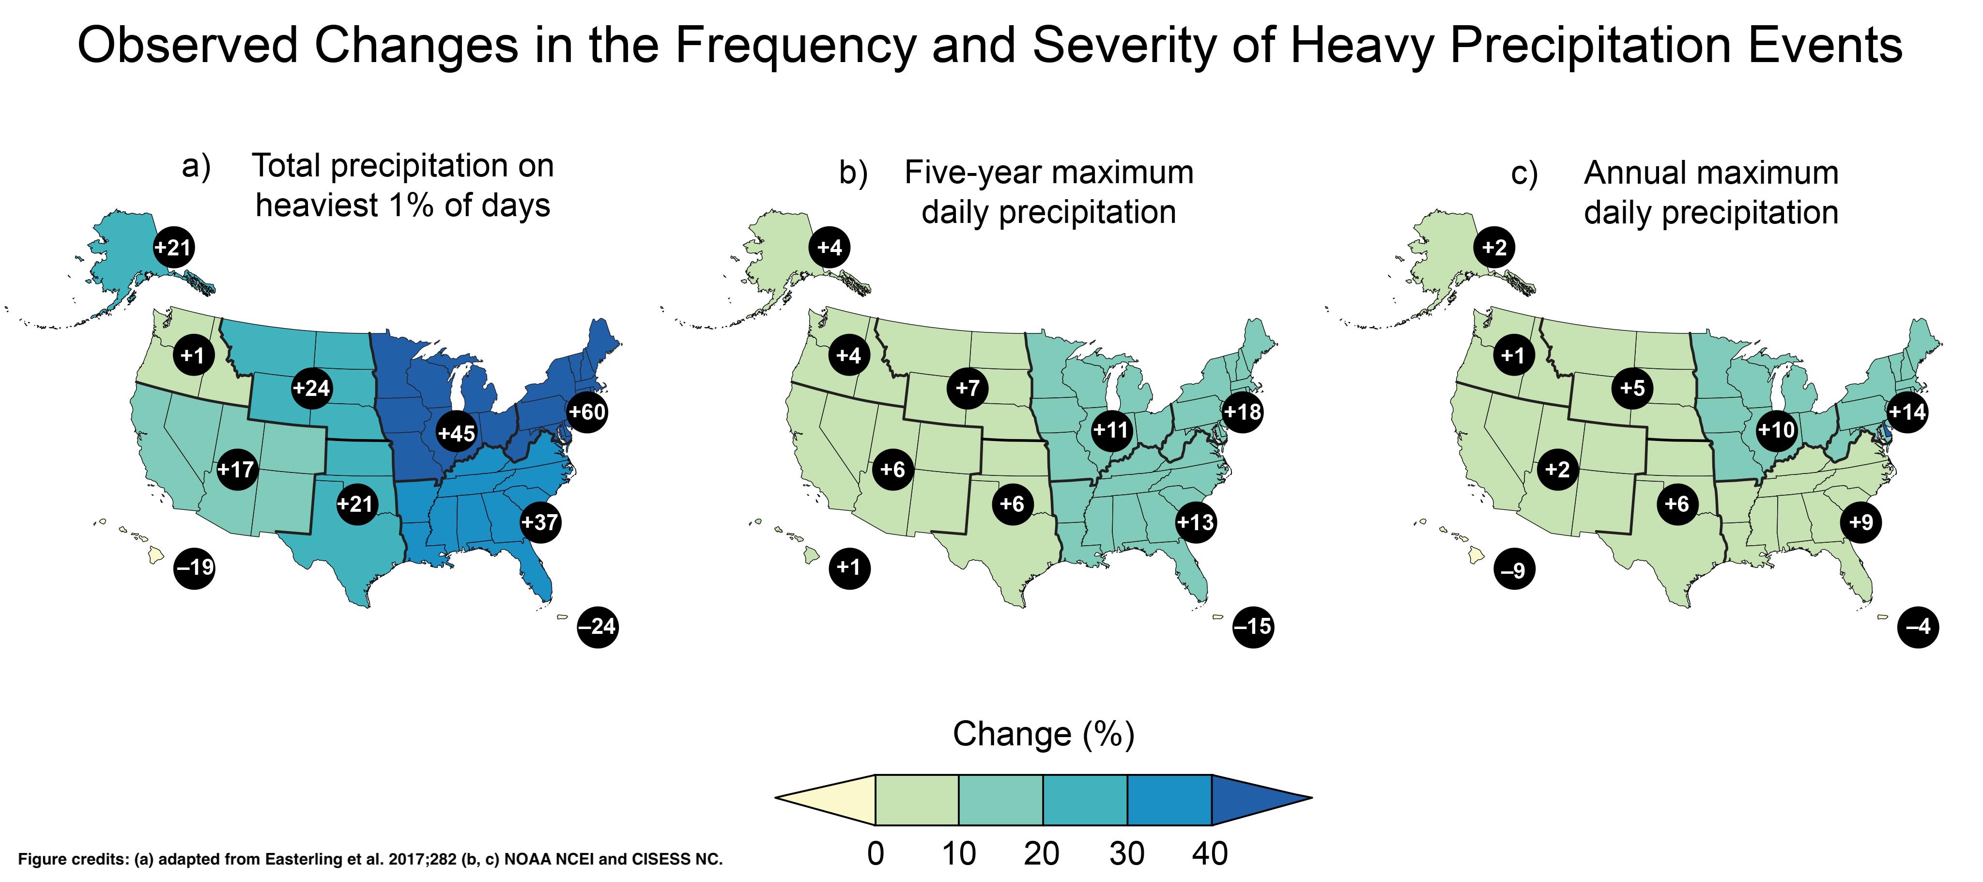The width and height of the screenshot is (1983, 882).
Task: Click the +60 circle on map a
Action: [586, 412]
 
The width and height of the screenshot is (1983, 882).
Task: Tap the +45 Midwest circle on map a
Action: [457, 433]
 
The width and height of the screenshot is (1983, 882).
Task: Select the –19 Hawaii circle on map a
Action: [195, 567]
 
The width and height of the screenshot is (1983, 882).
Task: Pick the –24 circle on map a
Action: [598, 626]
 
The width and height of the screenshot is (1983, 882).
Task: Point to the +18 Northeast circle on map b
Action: [1243, 412]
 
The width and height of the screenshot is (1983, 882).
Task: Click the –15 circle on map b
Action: [1252, 626]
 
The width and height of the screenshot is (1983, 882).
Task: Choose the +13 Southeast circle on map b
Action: [1196, 522]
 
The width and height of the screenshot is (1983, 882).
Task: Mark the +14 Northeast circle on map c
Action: [1907, 412]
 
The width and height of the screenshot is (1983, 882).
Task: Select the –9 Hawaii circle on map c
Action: [1513, 570]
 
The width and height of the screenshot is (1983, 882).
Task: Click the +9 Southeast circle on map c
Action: [1860, 522]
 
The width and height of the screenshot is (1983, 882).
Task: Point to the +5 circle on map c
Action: [1632, 388]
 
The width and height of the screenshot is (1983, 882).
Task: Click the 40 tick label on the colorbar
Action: [1209, 853]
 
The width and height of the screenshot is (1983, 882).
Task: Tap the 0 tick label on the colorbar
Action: [875, 853]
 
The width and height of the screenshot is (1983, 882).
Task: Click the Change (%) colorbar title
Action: [1043, 734]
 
